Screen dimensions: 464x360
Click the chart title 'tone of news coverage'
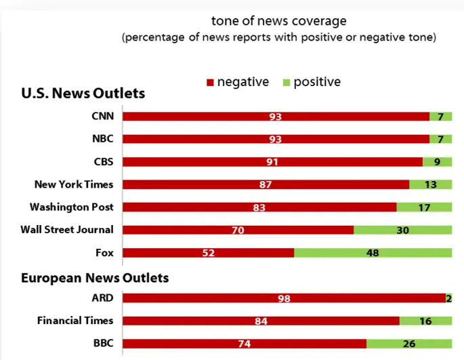click(x=279, y=21)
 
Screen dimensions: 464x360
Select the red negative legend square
click(x=210, y=82)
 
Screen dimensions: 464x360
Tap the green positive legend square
click(x=287, y=82)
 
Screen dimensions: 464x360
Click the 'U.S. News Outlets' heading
click(x=83, y=93)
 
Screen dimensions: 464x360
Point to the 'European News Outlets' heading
click(x=95, y=278)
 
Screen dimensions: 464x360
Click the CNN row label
click(x=103, y=116)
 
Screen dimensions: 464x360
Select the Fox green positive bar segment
click(x=373, y=253)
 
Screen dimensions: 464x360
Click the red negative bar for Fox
click(x=209, y=253)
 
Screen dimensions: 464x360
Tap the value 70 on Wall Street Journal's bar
click(x=238, y=231)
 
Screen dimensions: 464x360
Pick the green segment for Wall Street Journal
click(x=403, y=230)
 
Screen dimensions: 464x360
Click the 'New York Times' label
click(x=74, y=184)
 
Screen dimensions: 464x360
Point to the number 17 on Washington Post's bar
click(x=424, y=207)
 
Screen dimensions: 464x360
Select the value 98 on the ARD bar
click(x=284, y=298)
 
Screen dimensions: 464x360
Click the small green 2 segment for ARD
click(x=449, y=298)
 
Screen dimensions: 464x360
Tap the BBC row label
click(x=104, y=343)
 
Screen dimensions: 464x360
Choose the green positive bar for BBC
click(x=409, y=344)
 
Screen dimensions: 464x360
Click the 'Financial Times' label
click(x=75, y=321)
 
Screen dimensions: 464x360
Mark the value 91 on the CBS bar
click(x=272, y=162)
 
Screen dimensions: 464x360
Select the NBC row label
click(x=103, y=139)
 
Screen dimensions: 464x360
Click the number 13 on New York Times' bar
click(x=431, y=184)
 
